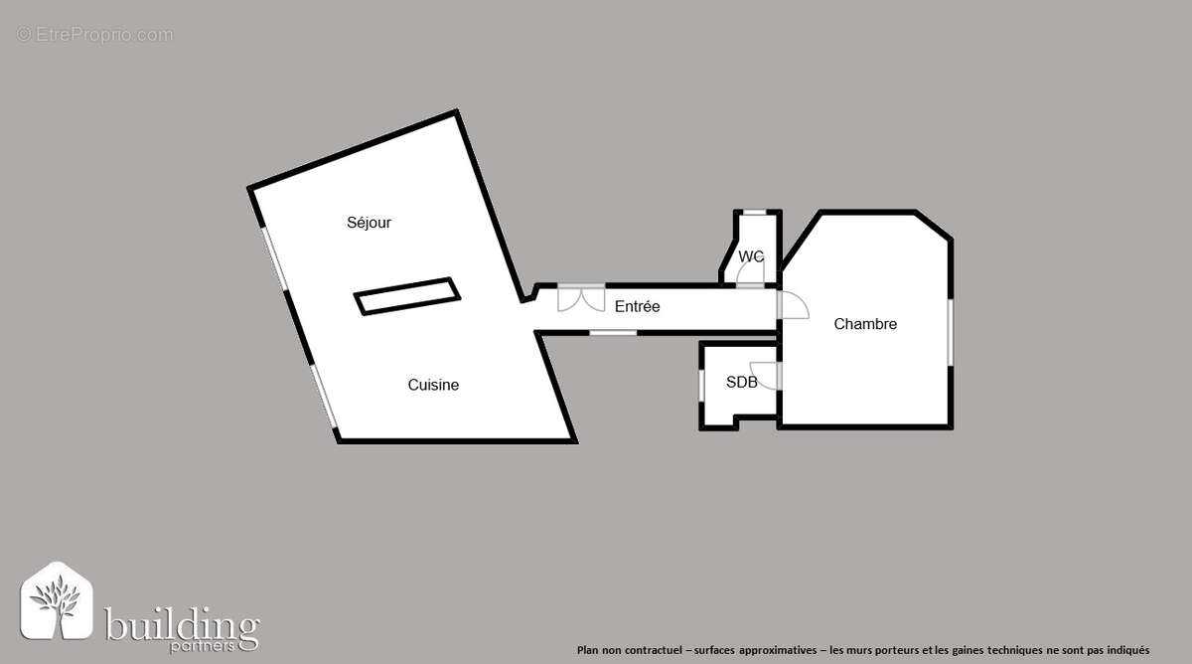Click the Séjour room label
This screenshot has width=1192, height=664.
pyautogui.click(x=369, y=223)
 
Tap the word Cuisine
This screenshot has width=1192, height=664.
pyautogui.click(x=433, y=385)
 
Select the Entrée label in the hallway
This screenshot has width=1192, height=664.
pyautogui.click(x=637, y=306)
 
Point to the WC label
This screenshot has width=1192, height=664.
pyautogui.click(x=751, y=256)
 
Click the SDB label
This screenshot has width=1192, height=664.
pyautogui.click(x=741, y=382)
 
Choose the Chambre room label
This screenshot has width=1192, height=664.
pyautogui.click(x=865, y=324)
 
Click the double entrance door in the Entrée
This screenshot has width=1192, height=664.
pyautogui.click(x=581, y=296)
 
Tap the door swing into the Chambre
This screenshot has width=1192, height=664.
pyautogui.click(x=793, y=305)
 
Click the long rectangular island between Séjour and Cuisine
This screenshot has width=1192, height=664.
pyautogui.click(x=407, y=296)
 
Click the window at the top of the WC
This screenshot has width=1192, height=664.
pyautogui.click(x=755, y=212)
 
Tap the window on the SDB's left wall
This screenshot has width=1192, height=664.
pyautogui.click(x=702, y=383)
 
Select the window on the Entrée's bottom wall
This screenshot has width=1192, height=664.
pyautogui.click(x=613, y=332)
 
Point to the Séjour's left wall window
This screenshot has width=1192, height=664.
pyautogui.click(x=274, y=259)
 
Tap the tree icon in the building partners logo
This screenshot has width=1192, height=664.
pyautogui.click(x=57, y=601)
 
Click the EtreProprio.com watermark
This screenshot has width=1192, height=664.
pyautogui.click(x=95, y=35)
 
